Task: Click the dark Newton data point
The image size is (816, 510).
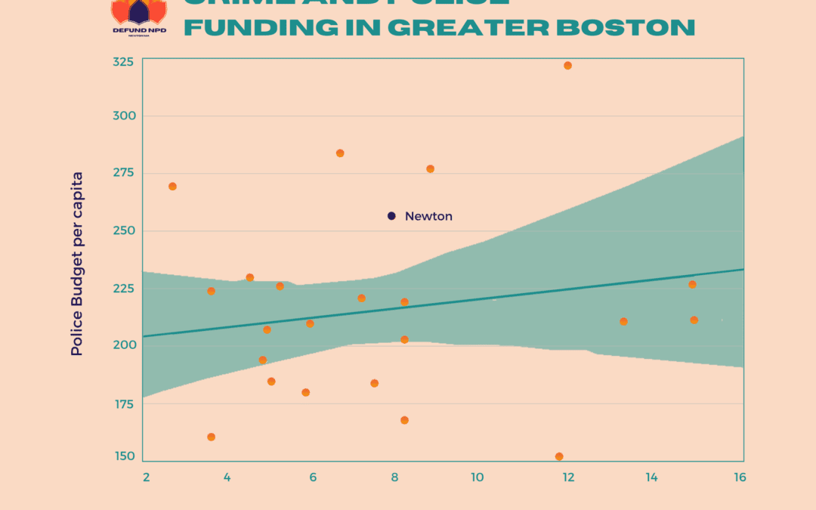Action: (x=391, y=216)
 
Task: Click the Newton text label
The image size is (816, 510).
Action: (x=428, y=216)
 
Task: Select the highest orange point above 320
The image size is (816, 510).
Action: (x=567, y=66)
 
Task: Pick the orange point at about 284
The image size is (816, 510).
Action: (x=340, y=153)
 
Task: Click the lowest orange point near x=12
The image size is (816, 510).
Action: (x=559, y=456)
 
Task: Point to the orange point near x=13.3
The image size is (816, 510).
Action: (x=623, y=321)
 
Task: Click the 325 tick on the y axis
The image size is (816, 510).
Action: (x=122, y=61)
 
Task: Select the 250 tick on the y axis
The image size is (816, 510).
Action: (x=122, y=230)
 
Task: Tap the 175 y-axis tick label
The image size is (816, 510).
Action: (x=122, y=403)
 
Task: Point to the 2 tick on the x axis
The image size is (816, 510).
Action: (x=146, y=478)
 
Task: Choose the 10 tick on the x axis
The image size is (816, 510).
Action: (x=477, y=478)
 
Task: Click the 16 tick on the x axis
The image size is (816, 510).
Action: (x=740, y=478)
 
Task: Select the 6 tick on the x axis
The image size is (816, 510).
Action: (x=313, y=478)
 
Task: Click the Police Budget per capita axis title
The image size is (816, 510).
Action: (x=77, y=264)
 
